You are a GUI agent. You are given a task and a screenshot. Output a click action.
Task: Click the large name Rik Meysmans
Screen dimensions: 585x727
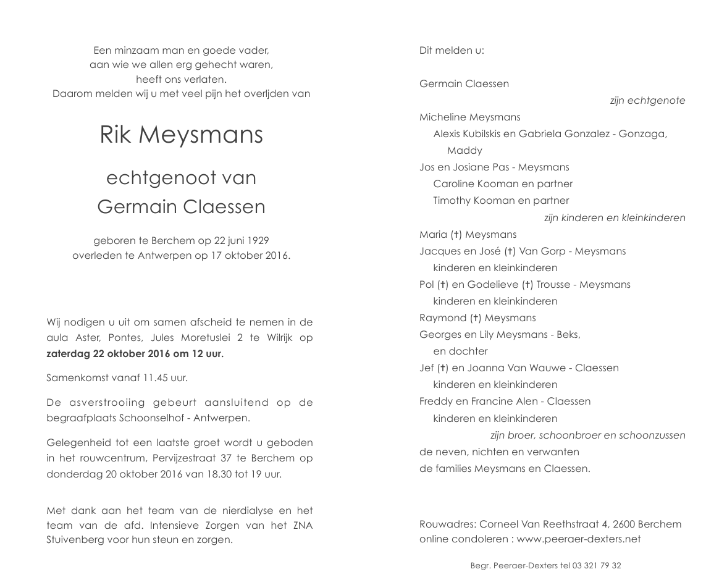[x=181, y=135]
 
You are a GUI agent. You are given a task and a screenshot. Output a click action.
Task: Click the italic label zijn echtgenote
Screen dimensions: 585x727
[x=647, y=101]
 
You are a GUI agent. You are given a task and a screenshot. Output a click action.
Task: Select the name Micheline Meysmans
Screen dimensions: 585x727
[x=469, y=117]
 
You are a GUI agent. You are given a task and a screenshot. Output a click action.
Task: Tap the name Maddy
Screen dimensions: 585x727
[x=464, y=151]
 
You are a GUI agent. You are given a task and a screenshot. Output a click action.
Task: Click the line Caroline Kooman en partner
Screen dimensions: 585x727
[x=503, y=184]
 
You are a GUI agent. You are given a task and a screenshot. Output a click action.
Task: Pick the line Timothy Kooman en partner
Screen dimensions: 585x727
[x=501, y=201]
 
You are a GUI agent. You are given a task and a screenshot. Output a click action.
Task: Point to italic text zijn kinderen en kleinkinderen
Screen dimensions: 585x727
[x=615, y=218]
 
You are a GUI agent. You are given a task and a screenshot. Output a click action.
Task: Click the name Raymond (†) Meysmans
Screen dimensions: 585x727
[x=477, y=318]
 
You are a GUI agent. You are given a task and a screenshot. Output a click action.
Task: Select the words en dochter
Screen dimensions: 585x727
[x=460, y=351]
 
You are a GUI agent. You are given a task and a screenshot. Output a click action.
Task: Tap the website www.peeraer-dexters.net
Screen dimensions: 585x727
[x=579, y=539]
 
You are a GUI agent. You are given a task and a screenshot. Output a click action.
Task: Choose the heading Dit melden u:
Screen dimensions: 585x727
[x=452, y=51]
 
